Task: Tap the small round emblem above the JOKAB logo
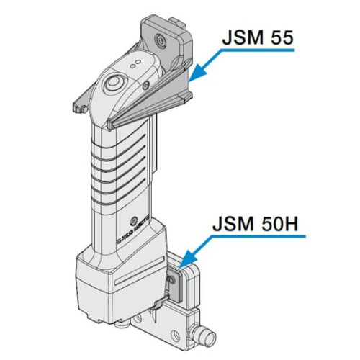[x=133, y=220]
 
